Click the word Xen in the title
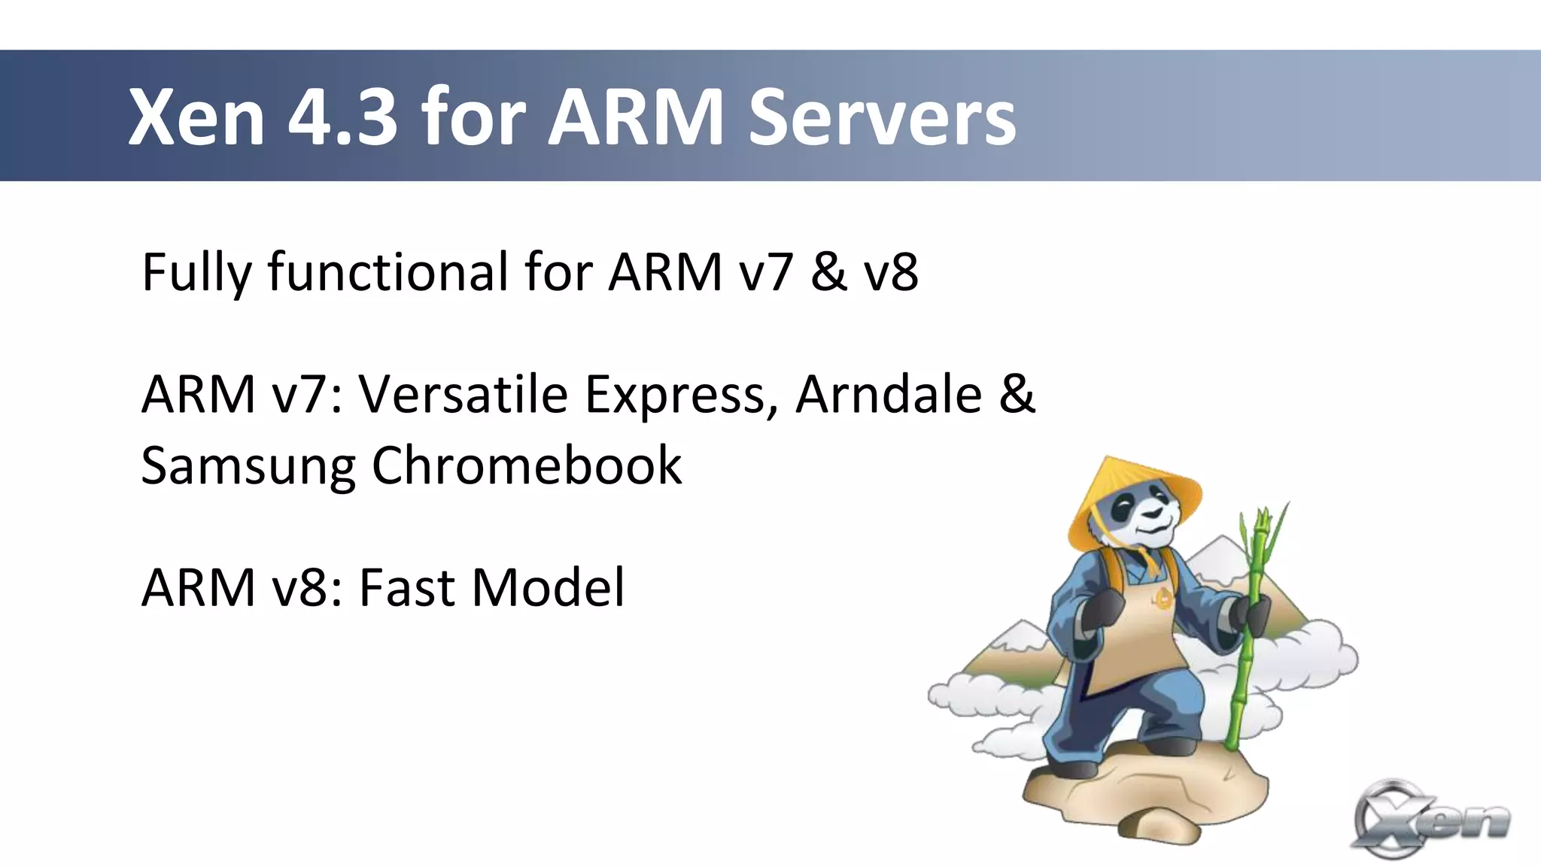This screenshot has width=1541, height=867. coord(196,117)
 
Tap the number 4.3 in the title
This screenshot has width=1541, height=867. coord(342,117)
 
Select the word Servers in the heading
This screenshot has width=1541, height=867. coord(882,117)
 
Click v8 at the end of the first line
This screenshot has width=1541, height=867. coord(891,272)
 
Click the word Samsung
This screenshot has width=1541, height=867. coord(248,467)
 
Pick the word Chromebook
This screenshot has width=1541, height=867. coord(527,465)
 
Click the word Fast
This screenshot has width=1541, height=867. coord(406,587)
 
